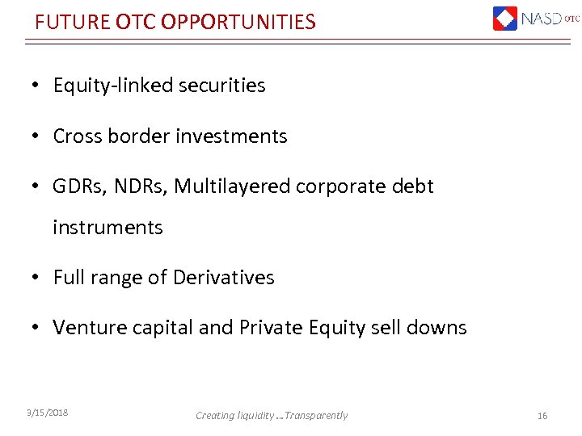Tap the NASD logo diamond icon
(505, 18)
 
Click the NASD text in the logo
(542, 18)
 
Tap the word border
(136, 136)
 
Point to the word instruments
(108, 228)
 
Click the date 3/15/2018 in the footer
(46, 413)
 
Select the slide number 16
(542, 415)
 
